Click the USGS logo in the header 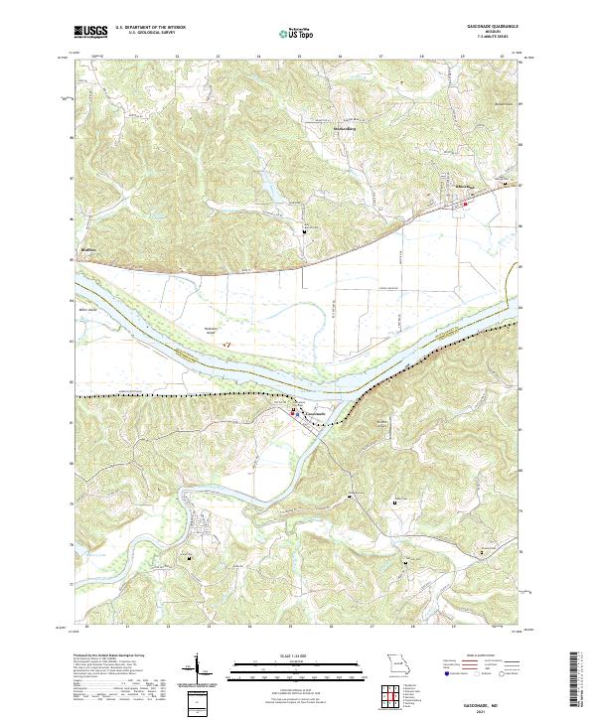tap(90, 31)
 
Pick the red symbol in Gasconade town tap(294, 411)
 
